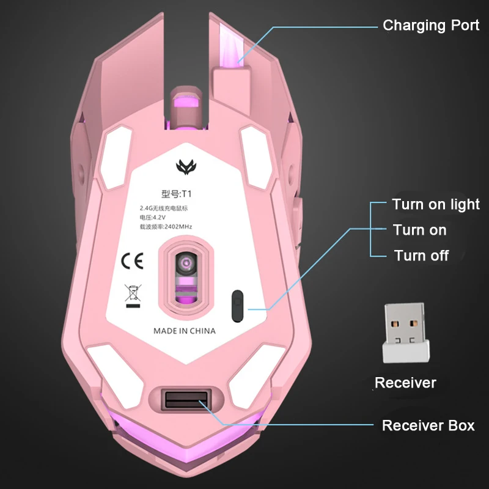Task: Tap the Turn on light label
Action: tap(436, 204)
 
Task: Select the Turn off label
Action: tap(421, 256)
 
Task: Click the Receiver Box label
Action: tap(428, 425)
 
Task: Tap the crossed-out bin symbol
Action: tap(131, 295)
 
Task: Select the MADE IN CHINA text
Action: tap(184, 331)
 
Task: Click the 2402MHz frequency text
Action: tap(166, 227)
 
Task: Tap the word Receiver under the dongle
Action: tap(405, 383)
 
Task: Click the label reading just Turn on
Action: tap(419, 230)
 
